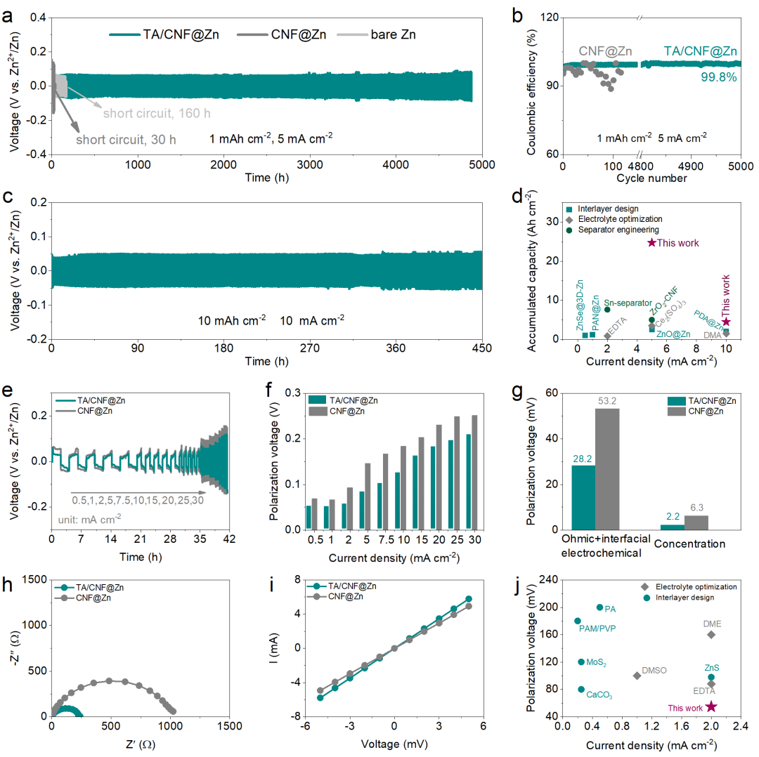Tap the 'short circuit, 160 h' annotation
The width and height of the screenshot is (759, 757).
(157, 113)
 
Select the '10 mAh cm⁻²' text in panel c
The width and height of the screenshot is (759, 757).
(231, 319)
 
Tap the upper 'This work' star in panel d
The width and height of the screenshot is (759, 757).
(651, 243)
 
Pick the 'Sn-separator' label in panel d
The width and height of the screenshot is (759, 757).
(628, 303)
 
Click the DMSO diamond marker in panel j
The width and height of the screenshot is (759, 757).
(637, 676)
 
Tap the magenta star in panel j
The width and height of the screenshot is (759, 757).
(711, 706)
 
